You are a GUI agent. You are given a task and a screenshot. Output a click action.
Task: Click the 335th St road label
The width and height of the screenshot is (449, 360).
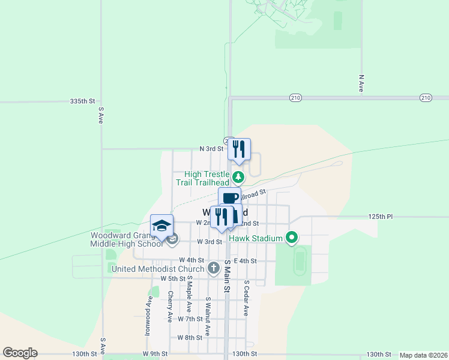(x=83, y=101)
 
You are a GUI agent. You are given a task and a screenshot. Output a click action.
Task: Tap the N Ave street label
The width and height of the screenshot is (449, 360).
(x=361, y=83)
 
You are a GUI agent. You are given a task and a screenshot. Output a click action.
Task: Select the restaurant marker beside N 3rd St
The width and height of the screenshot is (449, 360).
(x=239, y=149)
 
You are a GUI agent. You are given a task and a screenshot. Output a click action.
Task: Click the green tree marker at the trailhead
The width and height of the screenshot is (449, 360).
(x=238, y=177)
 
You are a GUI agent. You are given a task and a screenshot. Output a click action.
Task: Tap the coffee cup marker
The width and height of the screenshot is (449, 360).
(x=229, y=197)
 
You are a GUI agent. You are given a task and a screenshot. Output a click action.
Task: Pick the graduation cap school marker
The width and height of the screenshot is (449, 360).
(x=161, y=225)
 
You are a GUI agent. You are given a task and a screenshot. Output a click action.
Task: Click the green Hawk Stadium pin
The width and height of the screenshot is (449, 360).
(x=292, y=238)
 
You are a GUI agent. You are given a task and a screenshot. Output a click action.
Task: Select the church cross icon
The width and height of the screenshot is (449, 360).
(x=213, y=268)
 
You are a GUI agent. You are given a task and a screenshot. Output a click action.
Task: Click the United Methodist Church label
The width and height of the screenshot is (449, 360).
(x=158, y=268)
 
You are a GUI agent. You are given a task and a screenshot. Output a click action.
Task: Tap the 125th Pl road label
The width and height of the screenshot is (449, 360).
(x=381, y=216)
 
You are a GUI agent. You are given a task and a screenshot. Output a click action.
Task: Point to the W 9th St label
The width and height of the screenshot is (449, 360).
(x=155, y=354)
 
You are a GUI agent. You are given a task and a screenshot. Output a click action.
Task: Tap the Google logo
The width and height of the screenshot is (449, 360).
(x=20, y=353)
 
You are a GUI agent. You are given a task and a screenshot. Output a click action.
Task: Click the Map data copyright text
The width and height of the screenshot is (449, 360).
(x=423, y=355)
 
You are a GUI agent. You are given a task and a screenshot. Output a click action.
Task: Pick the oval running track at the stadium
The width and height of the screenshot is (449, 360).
(x=300, y=262)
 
